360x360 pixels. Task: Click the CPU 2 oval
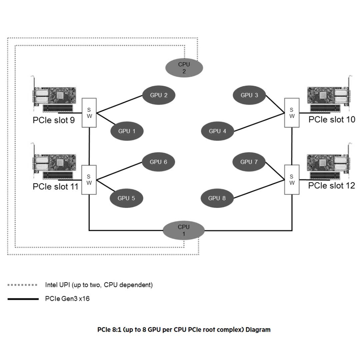[184, 68]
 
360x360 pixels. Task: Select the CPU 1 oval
[184, 230]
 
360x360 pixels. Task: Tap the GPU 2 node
[159, 95]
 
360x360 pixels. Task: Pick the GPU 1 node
[127, 131]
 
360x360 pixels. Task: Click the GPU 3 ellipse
[249, 95]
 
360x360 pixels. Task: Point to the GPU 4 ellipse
[217, 131]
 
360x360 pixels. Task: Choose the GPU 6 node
[158, 162]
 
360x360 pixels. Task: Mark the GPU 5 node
[126, 198]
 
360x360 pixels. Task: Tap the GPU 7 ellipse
[249, 162]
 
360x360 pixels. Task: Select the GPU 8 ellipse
[217, 198]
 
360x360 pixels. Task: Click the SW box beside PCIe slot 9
[89, 113]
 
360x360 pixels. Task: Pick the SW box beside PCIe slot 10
[292, 113]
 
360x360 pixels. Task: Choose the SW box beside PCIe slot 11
[89, 180]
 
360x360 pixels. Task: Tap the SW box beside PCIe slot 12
[292, 180]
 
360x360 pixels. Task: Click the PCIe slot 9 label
[54, 120]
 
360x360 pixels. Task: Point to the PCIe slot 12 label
[331, 185]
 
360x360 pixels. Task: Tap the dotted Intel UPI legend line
[22, 285]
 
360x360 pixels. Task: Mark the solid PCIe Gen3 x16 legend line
[23, 299]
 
